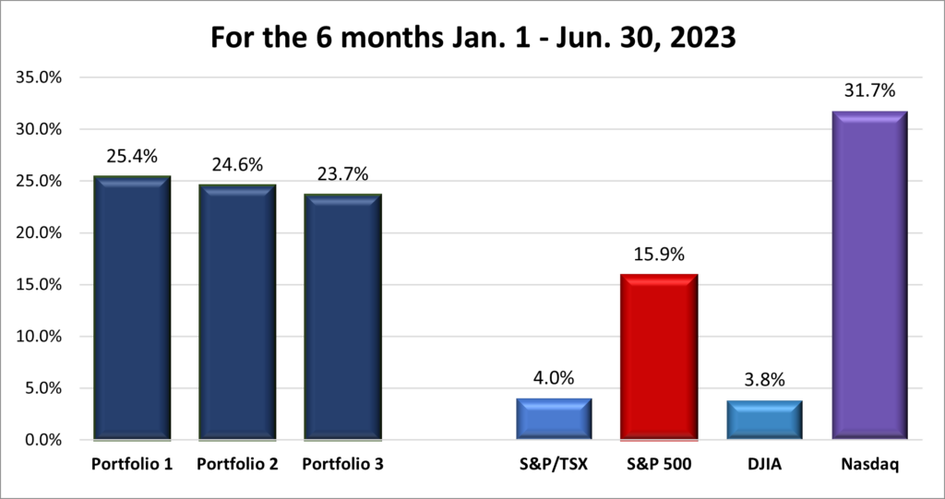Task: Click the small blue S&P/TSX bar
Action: pos(554,419)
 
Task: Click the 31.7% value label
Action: pos(869,91)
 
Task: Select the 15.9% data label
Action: pos(659,255)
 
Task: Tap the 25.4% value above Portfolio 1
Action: pos(132,156)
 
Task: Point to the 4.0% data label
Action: pos(554,378)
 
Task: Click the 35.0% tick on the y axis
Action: pos(39,77)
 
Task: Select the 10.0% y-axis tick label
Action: pos(39,337)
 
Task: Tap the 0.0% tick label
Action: pos(42,440)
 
